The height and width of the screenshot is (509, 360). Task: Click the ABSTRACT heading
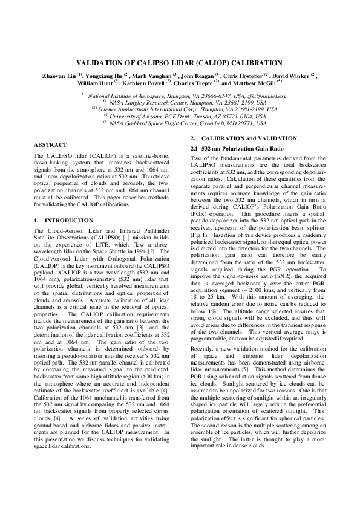(x=50, y=146)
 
